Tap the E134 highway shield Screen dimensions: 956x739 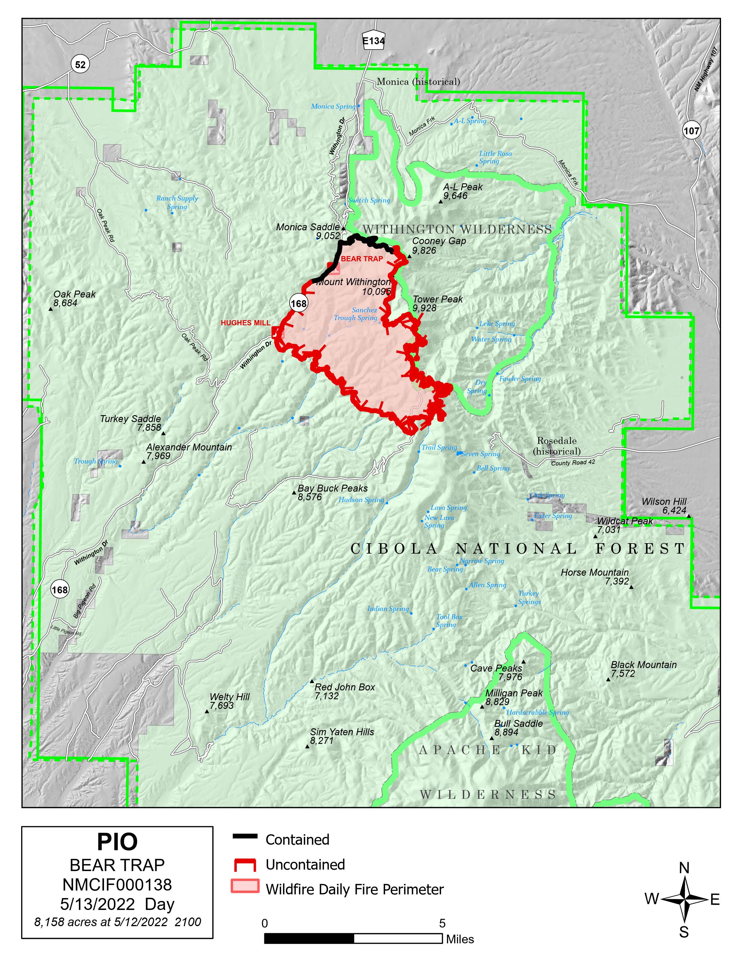pyautogui.click(x=374, y=41)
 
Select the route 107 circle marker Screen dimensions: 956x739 pyautogui.click(x=691, y=130)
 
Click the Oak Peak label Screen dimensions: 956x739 pyautogui.click(x=74, y=294)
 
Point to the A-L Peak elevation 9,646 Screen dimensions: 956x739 pyautogui.click(x=455, y=196)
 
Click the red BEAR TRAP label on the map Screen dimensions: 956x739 pyautogui.click(x=362, y=259)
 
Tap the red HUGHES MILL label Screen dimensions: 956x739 pyautogui.click(x=245, y=323)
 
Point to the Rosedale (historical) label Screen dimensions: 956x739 pyautogui.click(x=556, y=446)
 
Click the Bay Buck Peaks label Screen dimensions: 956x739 pyautogui.click(x=332, y=488)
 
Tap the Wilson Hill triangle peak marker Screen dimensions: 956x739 pyautogui.click(x=689, y=516)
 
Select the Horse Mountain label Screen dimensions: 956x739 pyautogui.click(x=594, y=572)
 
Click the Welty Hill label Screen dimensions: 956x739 pyautogui.click(x=230, y=696)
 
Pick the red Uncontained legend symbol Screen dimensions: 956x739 pyautogui.click(x=245, y=864)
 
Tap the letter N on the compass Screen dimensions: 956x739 pyautogui.click(x=684, y=868)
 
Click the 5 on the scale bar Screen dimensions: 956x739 pyautogui.click(x=442, y=923)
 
